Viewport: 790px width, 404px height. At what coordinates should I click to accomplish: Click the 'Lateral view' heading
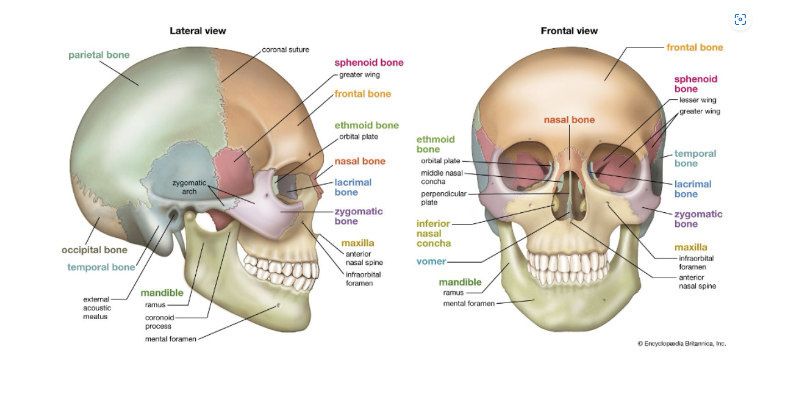point(197,31)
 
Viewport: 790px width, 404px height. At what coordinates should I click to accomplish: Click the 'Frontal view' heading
point(569,31)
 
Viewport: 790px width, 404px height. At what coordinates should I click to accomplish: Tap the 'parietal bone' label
point(99,55)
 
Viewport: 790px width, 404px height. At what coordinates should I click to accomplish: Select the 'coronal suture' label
point(286,50)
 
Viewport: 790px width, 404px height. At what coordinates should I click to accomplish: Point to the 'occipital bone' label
point(94,250)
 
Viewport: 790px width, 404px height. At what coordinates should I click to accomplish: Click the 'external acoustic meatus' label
point(97,308)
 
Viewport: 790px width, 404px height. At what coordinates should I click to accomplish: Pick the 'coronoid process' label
point(160,322)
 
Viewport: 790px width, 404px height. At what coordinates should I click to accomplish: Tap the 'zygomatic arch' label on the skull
point(189,187)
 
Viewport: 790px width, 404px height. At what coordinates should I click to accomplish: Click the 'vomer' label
point(431,262)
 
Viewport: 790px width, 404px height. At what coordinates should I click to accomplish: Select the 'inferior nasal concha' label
point(434,233)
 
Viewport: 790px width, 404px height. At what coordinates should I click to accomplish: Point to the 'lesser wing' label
point(697,100)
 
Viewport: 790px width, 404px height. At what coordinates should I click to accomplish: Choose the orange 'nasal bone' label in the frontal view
point(569,120)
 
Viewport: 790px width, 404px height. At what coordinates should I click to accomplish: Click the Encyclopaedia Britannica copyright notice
point(681,344)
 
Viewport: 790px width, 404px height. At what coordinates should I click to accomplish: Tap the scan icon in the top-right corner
point(740,20)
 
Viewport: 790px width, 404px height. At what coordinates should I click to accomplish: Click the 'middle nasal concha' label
point(442,177)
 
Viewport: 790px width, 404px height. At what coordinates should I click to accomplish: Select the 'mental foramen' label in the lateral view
point(171,339)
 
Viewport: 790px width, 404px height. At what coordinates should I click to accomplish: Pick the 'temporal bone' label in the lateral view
point(101,267)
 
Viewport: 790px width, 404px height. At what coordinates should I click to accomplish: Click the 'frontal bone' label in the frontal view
point(695,48)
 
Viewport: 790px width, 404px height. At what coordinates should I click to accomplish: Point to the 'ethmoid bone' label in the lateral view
point(366,125)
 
